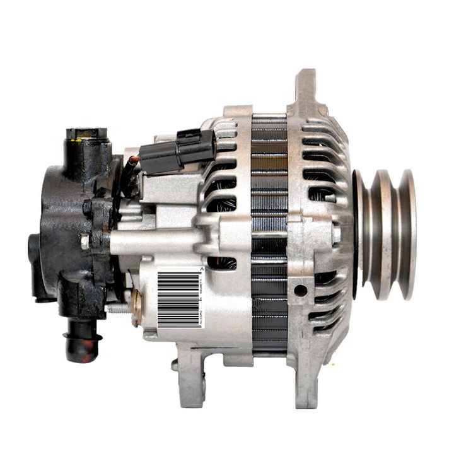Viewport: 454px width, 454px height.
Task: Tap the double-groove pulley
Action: tap(386, 233)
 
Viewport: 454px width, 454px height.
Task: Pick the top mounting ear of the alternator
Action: tap(307, 88)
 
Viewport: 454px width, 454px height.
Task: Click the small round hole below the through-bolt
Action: tap(301, 290)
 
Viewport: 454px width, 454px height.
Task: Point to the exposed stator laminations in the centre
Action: tap(269, 233)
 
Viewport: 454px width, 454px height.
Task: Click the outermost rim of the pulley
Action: tap(409, 233)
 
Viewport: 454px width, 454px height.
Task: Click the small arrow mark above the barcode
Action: tap(201, 269)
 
